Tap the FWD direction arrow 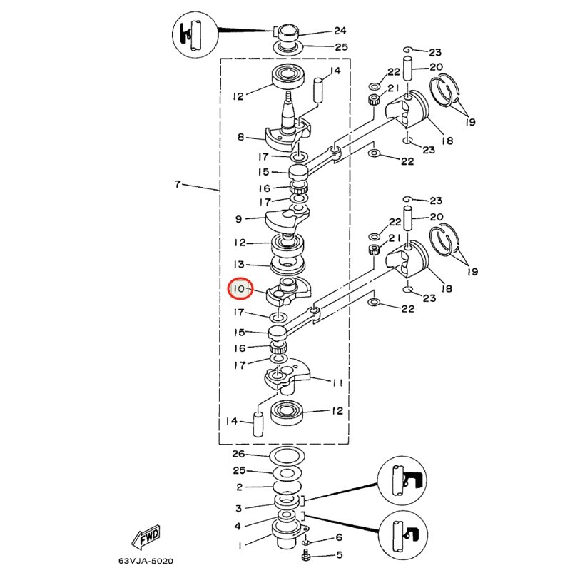pos(146,537)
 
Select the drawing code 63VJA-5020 pos(146,561)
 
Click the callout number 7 pos(178,183)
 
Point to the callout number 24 pos(340,31)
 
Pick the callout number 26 pos(238,454)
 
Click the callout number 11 pos(337,382)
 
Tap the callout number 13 pos(239,264)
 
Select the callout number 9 pos(239,219)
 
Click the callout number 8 pos(240,137)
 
